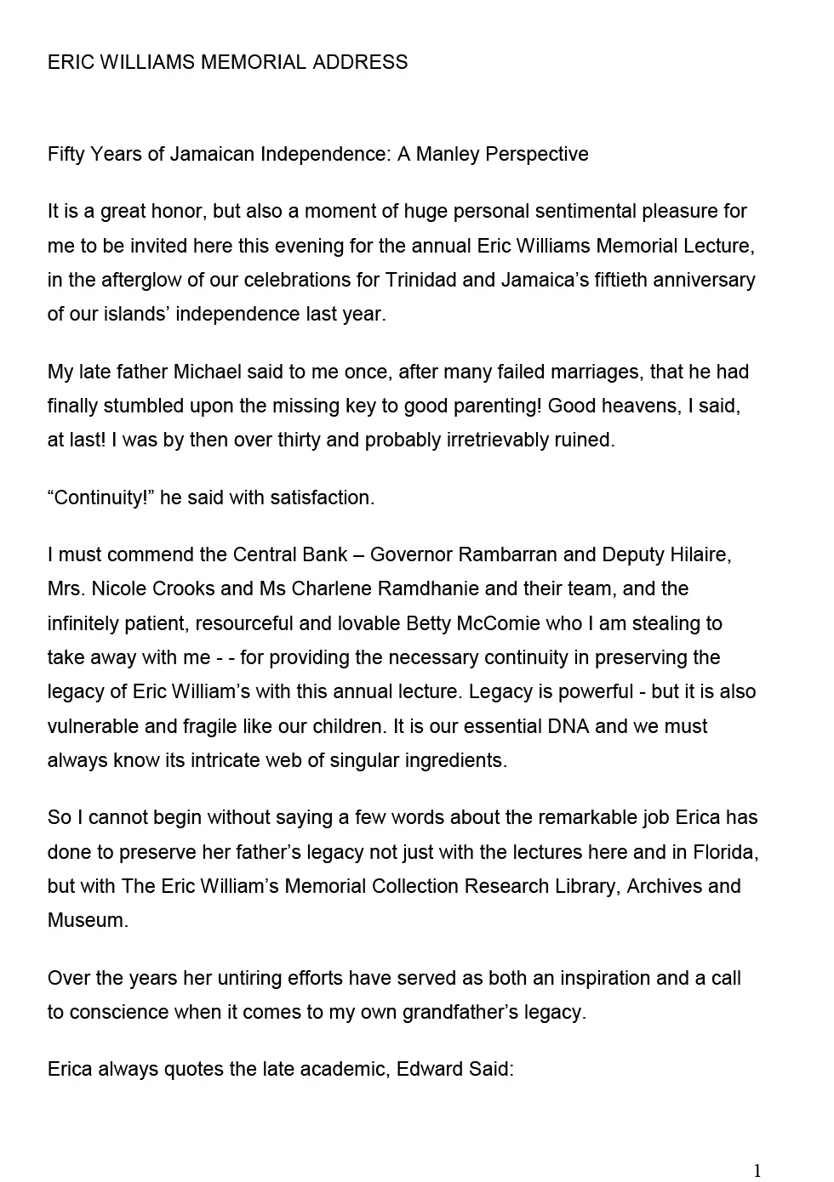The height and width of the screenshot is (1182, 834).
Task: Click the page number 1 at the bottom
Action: tap(757, 1170)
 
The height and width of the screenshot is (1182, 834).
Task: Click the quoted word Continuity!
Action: tap(100, 497)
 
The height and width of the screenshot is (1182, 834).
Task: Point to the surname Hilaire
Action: tap(698, 554)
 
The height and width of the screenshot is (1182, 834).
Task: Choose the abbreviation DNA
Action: tap(568, 726)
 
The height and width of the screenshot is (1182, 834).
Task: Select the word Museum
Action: tap(88, 920)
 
